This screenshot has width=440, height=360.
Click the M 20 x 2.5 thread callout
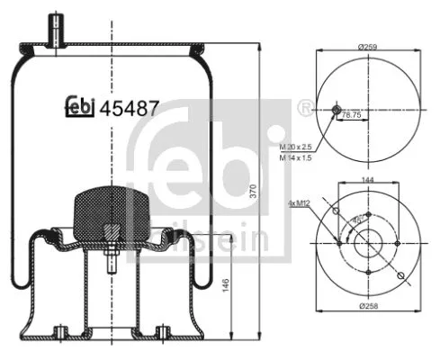[x=298, y=147]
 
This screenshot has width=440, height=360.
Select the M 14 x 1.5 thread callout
[x=298, y=157]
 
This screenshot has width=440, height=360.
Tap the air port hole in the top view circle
[x=337, y=110]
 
